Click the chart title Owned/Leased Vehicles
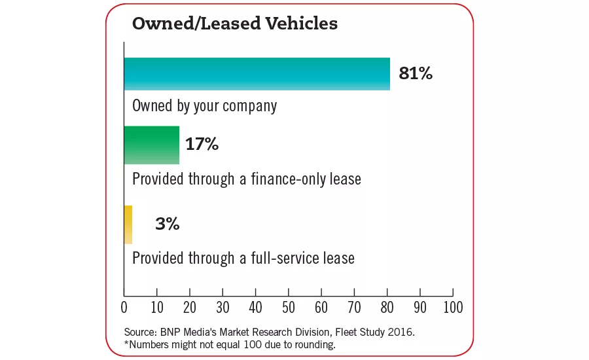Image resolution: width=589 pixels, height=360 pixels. pos(235,24)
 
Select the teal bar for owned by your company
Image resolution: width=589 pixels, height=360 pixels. pos(257,73)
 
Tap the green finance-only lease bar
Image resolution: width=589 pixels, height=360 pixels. pos(152,145)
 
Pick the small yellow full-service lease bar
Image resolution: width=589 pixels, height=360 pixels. pos(128,225)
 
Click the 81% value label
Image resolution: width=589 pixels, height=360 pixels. pos(416,73)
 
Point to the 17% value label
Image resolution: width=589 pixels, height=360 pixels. pos(202,145)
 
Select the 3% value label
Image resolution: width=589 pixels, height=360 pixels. pos(168,225)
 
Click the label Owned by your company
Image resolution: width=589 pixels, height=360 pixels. pos(204,106)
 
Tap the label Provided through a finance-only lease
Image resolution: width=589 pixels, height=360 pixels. pos(246,179)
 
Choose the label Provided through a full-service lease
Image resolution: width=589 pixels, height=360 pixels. pos(243,258)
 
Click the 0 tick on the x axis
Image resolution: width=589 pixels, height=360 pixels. pos(124,306)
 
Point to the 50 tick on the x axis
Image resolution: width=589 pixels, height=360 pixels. pos(288,306)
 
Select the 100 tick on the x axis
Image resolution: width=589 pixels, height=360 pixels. pos(452,306)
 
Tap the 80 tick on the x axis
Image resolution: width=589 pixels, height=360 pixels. pos(387,306)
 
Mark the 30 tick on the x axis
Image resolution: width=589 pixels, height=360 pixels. pos(223,306)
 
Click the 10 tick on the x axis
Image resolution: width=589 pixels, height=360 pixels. pos(157,306)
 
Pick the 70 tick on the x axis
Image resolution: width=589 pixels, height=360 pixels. pos(354,306)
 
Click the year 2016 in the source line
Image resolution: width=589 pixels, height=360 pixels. pos(400,333)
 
